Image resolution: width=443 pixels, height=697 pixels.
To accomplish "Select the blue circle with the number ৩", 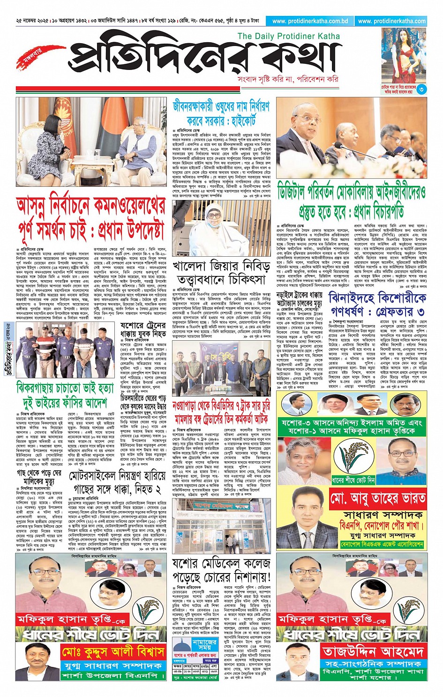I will click(x=421, y=89).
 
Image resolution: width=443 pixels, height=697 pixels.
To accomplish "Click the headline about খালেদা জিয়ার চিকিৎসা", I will click(x=221, y=273).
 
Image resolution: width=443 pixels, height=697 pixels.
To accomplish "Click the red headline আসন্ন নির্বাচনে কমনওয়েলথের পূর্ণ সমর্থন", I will click(x=91, y=218).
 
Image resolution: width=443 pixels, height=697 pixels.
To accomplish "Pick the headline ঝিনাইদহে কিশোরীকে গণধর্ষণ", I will click(x=377, y=304).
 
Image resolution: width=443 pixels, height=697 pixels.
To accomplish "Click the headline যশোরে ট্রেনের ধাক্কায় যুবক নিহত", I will click(x=143, y=317).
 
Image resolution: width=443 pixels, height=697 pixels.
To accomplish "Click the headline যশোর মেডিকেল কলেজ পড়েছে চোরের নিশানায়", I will click(x=221, y=569).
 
